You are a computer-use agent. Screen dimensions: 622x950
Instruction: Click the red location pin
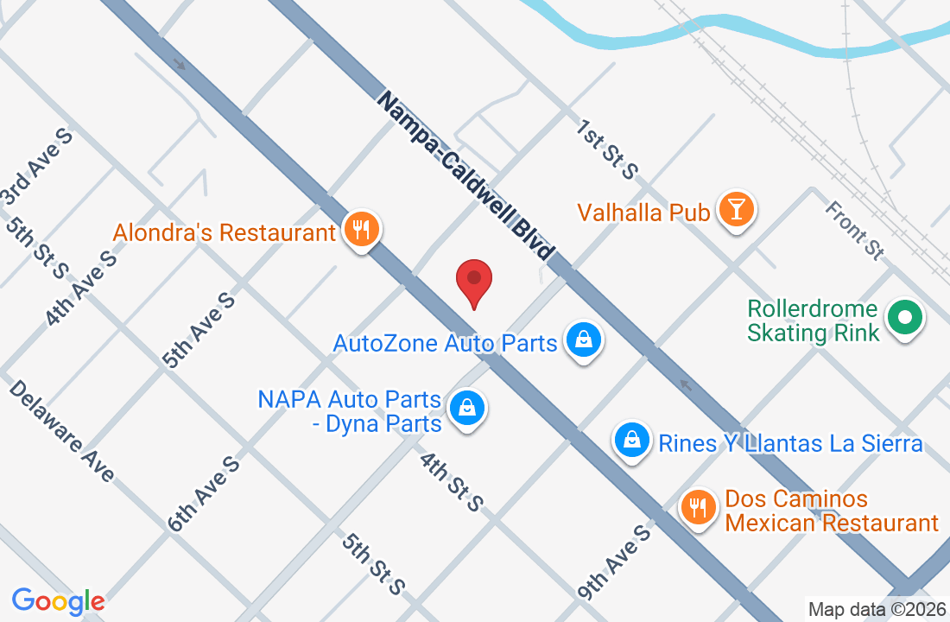(474, 280)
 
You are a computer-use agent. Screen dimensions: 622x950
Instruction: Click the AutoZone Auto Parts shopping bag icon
(583, 340)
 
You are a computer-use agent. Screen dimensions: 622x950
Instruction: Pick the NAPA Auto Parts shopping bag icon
(467, 408)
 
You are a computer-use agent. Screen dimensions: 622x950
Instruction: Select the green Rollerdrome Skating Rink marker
(905, 319)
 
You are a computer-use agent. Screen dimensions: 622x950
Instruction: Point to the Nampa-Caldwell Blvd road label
(465, 176)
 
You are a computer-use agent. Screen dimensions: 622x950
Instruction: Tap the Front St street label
(855, 229)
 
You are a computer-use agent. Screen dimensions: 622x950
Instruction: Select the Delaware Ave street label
(62, 430)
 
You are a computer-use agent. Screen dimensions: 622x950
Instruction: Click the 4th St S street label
(451, 481)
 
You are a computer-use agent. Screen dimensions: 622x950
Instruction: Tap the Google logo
(59, 601)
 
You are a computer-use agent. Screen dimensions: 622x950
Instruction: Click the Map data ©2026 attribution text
(877, 610)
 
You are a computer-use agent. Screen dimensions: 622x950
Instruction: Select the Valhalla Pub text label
(643, 212)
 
